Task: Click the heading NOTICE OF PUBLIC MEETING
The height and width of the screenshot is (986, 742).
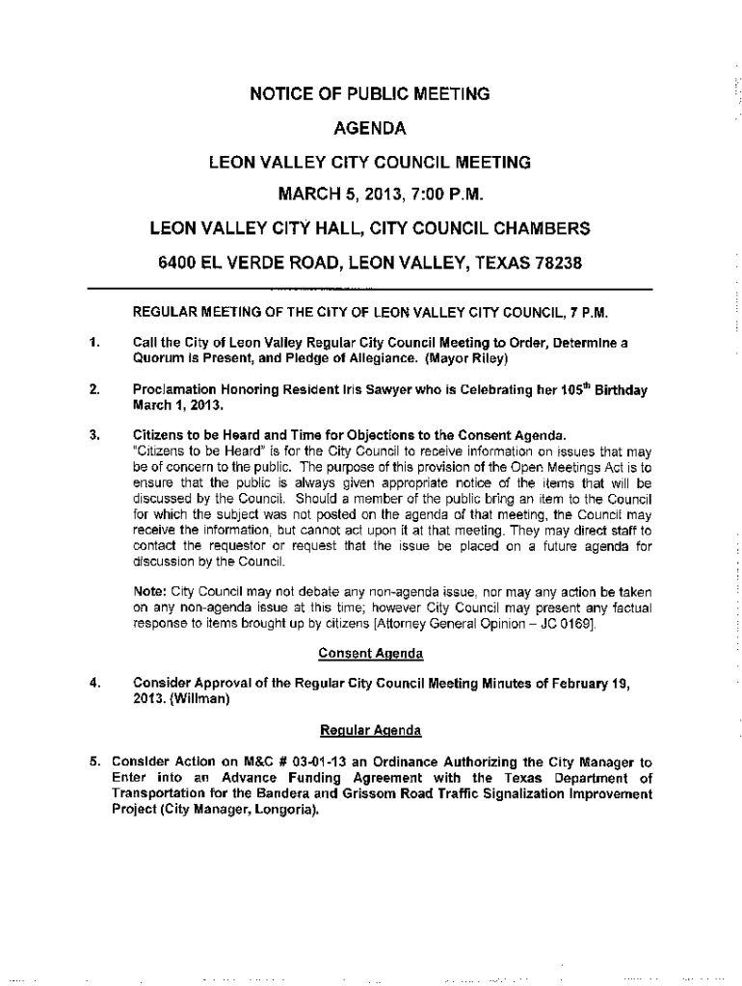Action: (370, 94)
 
